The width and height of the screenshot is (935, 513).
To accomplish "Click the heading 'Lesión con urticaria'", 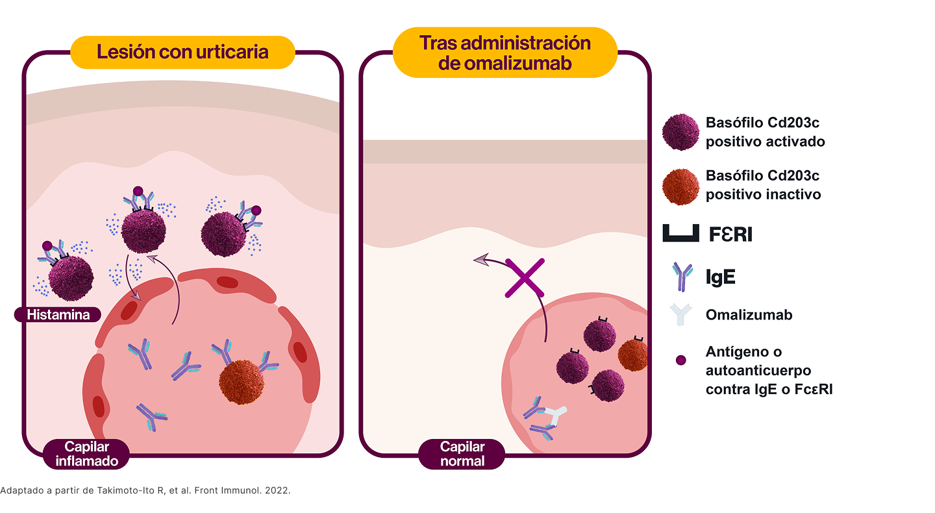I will click(182, 52).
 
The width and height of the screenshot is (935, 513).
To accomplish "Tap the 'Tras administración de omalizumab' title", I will click(505, 53).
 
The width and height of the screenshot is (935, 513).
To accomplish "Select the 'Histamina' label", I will click(59, 315).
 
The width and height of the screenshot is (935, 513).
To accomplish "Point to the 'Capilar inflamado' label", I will click(87, 453).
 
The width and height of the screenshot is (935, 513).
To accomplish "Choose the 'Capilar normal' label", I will click(462, 453).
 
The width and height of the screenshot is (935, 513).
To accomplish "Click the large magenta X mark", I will click(524, 278).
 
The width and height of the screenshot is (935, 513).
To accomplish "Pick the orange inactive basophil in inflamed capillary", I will click(242, 382).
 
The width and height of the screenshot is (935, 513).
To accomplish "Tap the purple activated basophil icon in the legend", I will click(680, 132).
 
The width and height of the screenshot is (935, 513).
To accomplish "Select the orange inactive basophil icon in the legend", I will click(680, 186).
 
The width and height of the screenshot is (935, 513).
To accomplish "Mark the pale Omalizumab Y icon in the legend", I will click(680, 315).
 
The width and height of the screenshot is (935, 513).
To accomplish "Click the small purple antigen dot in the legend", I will click(680, 360).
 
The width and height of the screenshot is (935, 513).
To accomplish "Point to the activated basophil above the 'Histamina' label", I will click(71, 278).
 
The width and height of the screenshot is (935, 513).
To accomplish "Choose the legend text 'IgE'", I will click(720, 277).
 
